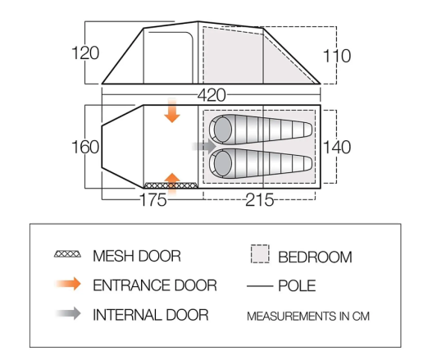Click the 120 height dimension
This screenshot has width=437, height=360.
(85, 53)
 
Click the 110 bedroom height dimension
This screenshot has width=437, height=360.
(337, 56)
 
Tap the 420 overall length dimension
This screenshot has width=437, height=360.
(212, 95)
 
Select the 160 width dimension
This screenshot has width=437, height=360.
(85, 147)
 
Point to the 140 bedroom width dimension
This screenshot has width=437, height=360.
(337, 148)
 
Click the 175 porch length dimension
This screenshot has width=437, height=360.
(153, 199)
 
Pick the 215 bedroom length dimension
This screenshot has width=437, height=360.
(259, 199)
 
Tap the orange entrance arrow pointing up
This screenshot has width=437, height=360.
(172, 184)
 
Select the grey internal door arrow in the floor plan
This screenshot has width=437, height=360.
(204, 146)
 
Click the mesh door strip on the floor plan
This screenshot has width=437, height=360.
(171, 185)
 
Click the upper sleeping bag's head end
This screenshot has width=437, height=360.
(221, 130)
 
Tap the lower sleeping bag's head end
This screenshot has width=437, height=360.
(221, 163)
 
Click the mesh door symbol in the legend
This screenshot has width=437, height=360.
(68, 254)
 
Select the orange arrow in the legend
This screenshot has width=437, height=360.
(68, 285)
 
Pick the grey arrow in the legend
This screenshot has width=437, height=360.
(68, 313)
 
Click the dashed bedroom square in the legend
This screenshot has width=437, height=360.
(260, 253)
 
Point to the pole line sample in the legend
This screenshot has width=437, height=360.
(260, 286)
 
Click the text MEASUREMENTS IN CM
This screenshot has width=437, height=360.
(308, 317)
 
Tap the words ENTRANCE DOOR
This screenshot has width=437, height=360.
(155, 285)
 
